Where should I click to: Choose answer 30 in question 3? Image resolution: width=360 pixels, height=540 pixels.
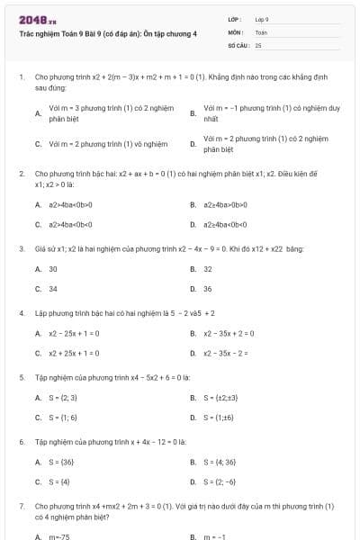coord(53,269)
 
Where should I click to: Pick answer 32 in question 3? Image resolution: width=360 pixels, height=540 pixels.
coord(208,269)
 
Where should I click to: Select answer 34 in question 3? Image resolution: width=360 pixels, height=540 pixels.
coord(53,289)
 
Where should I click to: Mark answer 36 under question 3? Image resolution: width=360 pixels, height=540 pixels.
coord(208,289)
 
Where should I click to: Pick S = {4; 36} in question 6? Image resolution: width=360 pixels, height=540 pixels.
coord(220,462)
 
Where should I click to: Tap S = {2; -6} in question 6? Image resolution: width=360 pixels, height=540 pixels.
coord(220,481)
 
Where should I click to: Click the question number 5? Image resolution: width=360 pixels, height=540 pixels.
coord(21,377)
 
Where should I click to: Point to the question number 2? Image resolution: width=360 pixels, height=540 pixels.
coord(21,171)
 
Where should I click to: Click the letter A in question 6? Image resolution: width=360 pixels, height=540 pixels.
coord(38,462)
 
